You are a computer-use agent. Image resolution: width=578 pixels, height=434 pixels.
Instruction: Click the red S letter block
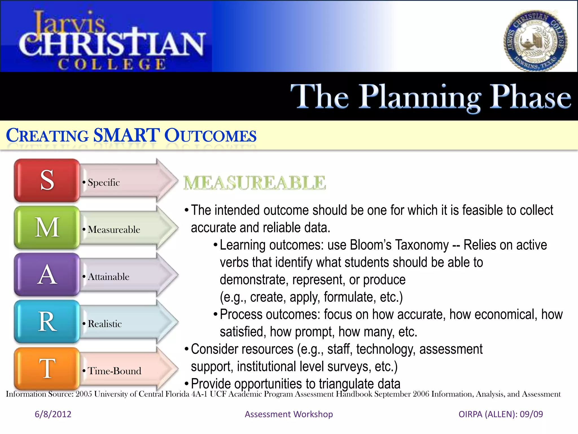click(x=47, y=180)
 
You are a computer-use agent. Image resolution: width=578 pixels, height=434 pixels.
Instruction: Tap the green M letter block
click(x=47, y=227)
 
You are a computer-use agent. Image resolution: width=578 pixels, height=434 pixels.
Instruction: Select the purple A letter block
click(x=47, y=274)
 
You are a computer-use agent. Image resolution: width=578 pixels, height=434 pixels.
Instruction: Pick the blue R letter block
click(x=47, y=322)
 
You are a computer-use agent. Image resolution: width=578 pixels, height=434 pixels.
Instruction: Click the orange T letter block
click(x=47, y=368)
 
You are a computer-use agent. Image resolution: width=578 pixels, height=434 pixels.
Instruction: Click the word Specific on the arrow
click(x=104, y=183)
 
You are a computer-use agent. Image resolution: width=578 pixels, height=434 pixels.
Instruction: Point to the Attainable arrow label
click(x=109, y=277)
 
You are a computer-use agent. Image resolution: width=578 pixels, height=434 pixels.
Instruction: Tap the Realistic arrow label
click(x=105, y=324)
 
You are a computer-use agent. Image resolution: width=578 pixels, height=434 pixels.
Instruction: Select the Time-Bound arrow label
click(x=114, y=371)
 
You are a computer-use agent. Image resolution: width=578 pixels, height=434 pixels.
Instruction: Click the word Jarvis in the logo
click(x=69, y=23)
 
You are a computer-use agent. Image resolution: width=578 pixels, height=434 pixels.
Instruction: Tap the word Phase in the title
click(x=530, y=97)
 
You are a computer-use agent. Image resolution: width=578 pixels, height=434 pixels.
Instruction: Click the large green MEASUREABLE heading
click(x=255, y=183)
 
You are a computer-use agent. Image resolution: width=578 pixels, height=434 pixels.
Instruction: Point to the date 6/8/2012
click(x=53, y=414)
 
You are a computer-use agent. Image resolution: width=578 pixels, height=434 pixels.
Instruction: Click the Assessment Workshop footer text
click(x=289, y=414)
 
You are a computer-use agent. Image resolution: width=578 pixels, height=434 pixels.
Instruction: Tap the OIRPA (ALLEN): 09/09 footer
click(x=501, y=414)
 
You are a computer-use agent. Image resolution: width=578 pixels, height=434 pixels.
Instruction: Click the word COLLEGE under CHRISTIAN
click(x=112, y=64)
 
